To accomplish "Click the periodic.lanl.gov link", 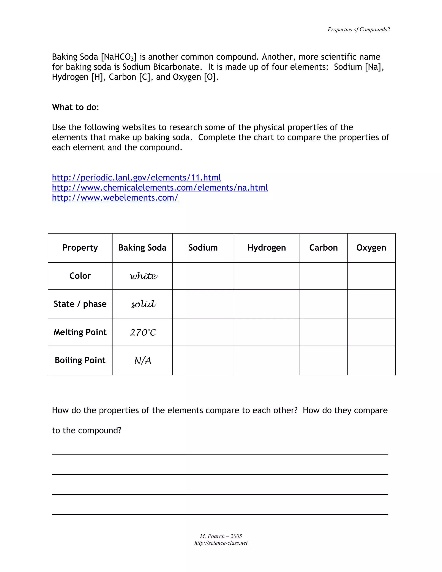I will tap(136, 178).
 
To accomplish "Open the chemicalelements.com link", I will tap(160, 188).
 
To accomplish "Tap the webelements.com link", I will tap(115, 198).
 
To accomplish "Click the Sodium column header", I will tap(203, 248).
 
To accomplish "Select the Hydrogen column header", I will tap(267, 248).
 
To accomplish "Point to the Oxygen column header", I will tap(371, 248).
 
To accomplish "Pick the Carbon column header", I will tap(323, 248).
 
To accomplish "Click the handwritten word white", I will tap(144, 276).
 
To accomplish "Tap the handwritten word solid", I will tap(144, 304).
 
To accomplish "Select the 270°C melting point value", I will tap(143, 332).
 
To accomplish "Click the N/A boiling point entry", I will tap(143, 361).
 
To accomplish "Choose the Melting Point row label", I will tap(80, 332).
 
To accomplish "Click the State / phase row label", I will tap(80, 304).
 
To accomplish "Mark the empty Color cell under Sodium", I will tap(203, 276).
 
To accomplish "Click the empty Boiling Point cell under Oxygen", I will tap(371, 360).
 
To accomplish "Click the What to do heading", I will tap(75, 107).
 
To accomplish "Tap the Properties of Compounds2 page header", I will tap(358, 30).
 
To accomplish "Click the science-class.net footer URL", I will tap(221, 543).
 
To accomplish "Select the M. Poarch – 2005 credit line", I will tap(221, 536).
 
